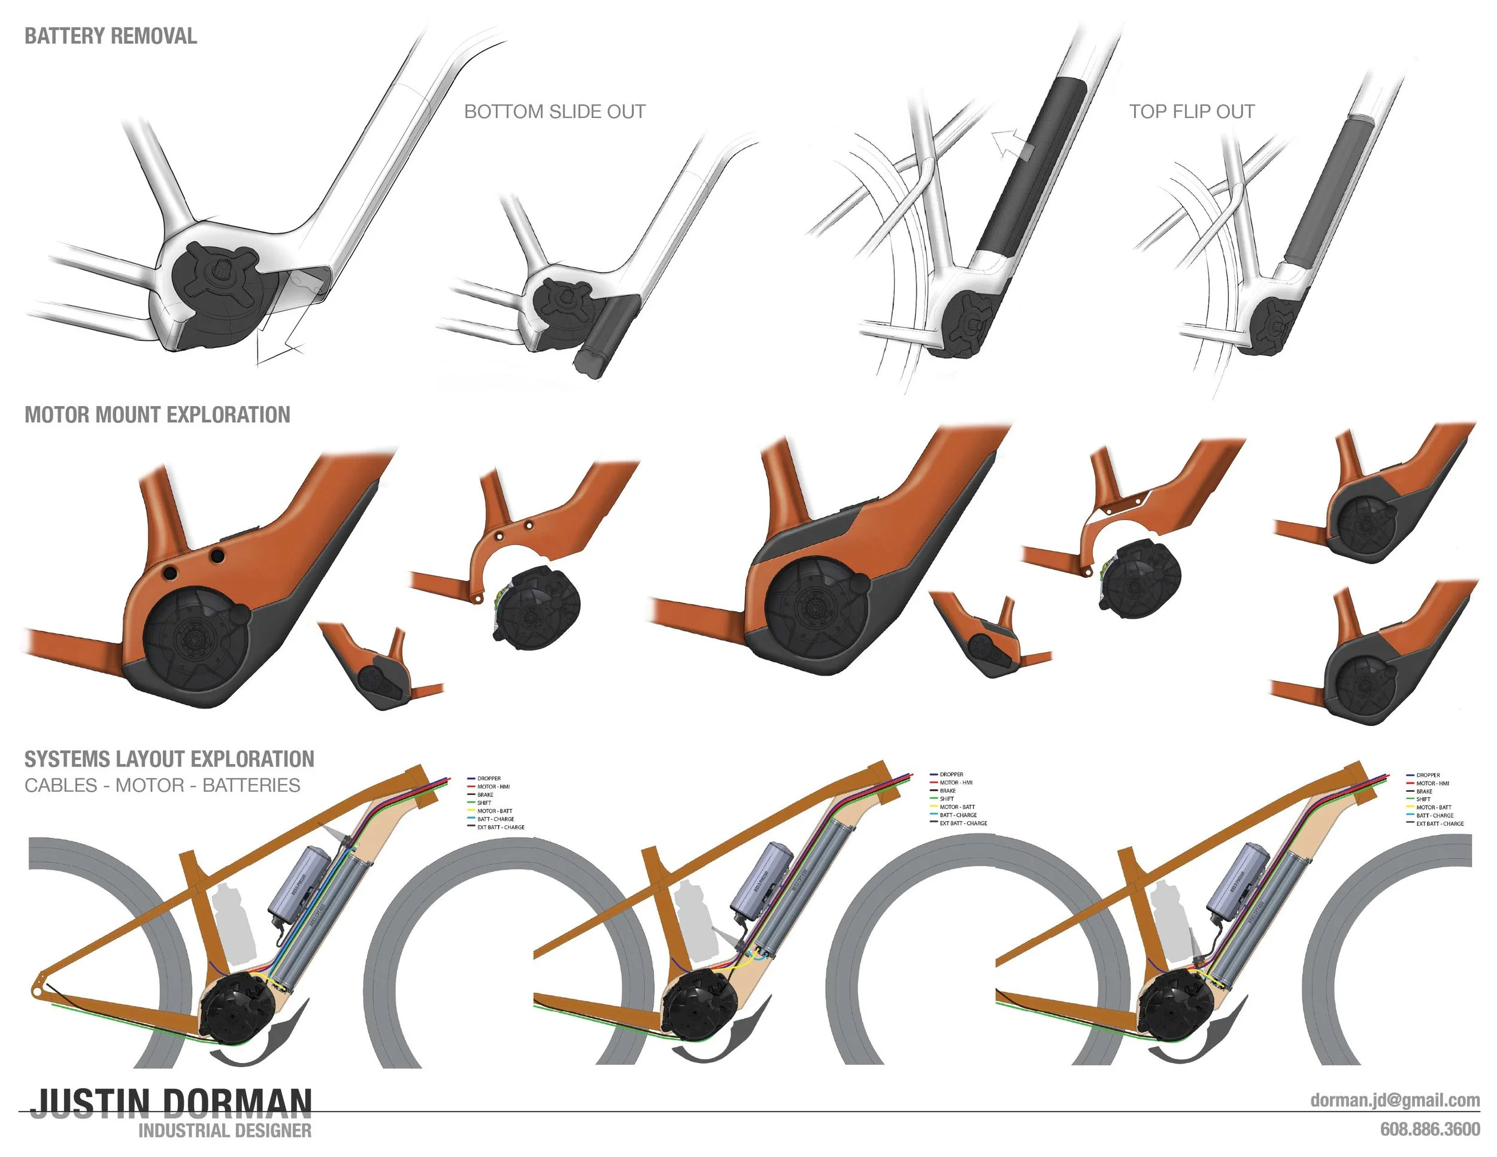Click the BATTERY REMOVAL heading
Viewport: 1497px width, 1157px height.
point(110,36)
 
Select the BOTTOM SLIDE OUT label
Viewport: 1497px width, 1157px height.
point(554,112)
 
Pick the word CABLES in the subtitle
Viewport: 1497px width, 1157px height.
point(60,786)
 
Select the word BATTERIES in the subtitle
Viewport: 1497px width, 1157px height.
point(251,786)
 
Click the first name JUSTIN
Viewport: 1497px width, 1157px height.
point(90,1104)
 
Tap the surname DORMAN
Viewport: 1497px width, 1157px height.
point(237,1104)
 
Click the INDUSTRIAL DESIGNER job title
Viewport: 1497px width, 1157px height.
point(225,1131)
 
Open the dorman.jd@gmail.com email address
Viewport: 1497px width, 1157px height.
point(1394,1100)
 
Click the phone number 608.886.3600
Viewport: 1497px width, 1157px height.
point(1430,1129)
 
